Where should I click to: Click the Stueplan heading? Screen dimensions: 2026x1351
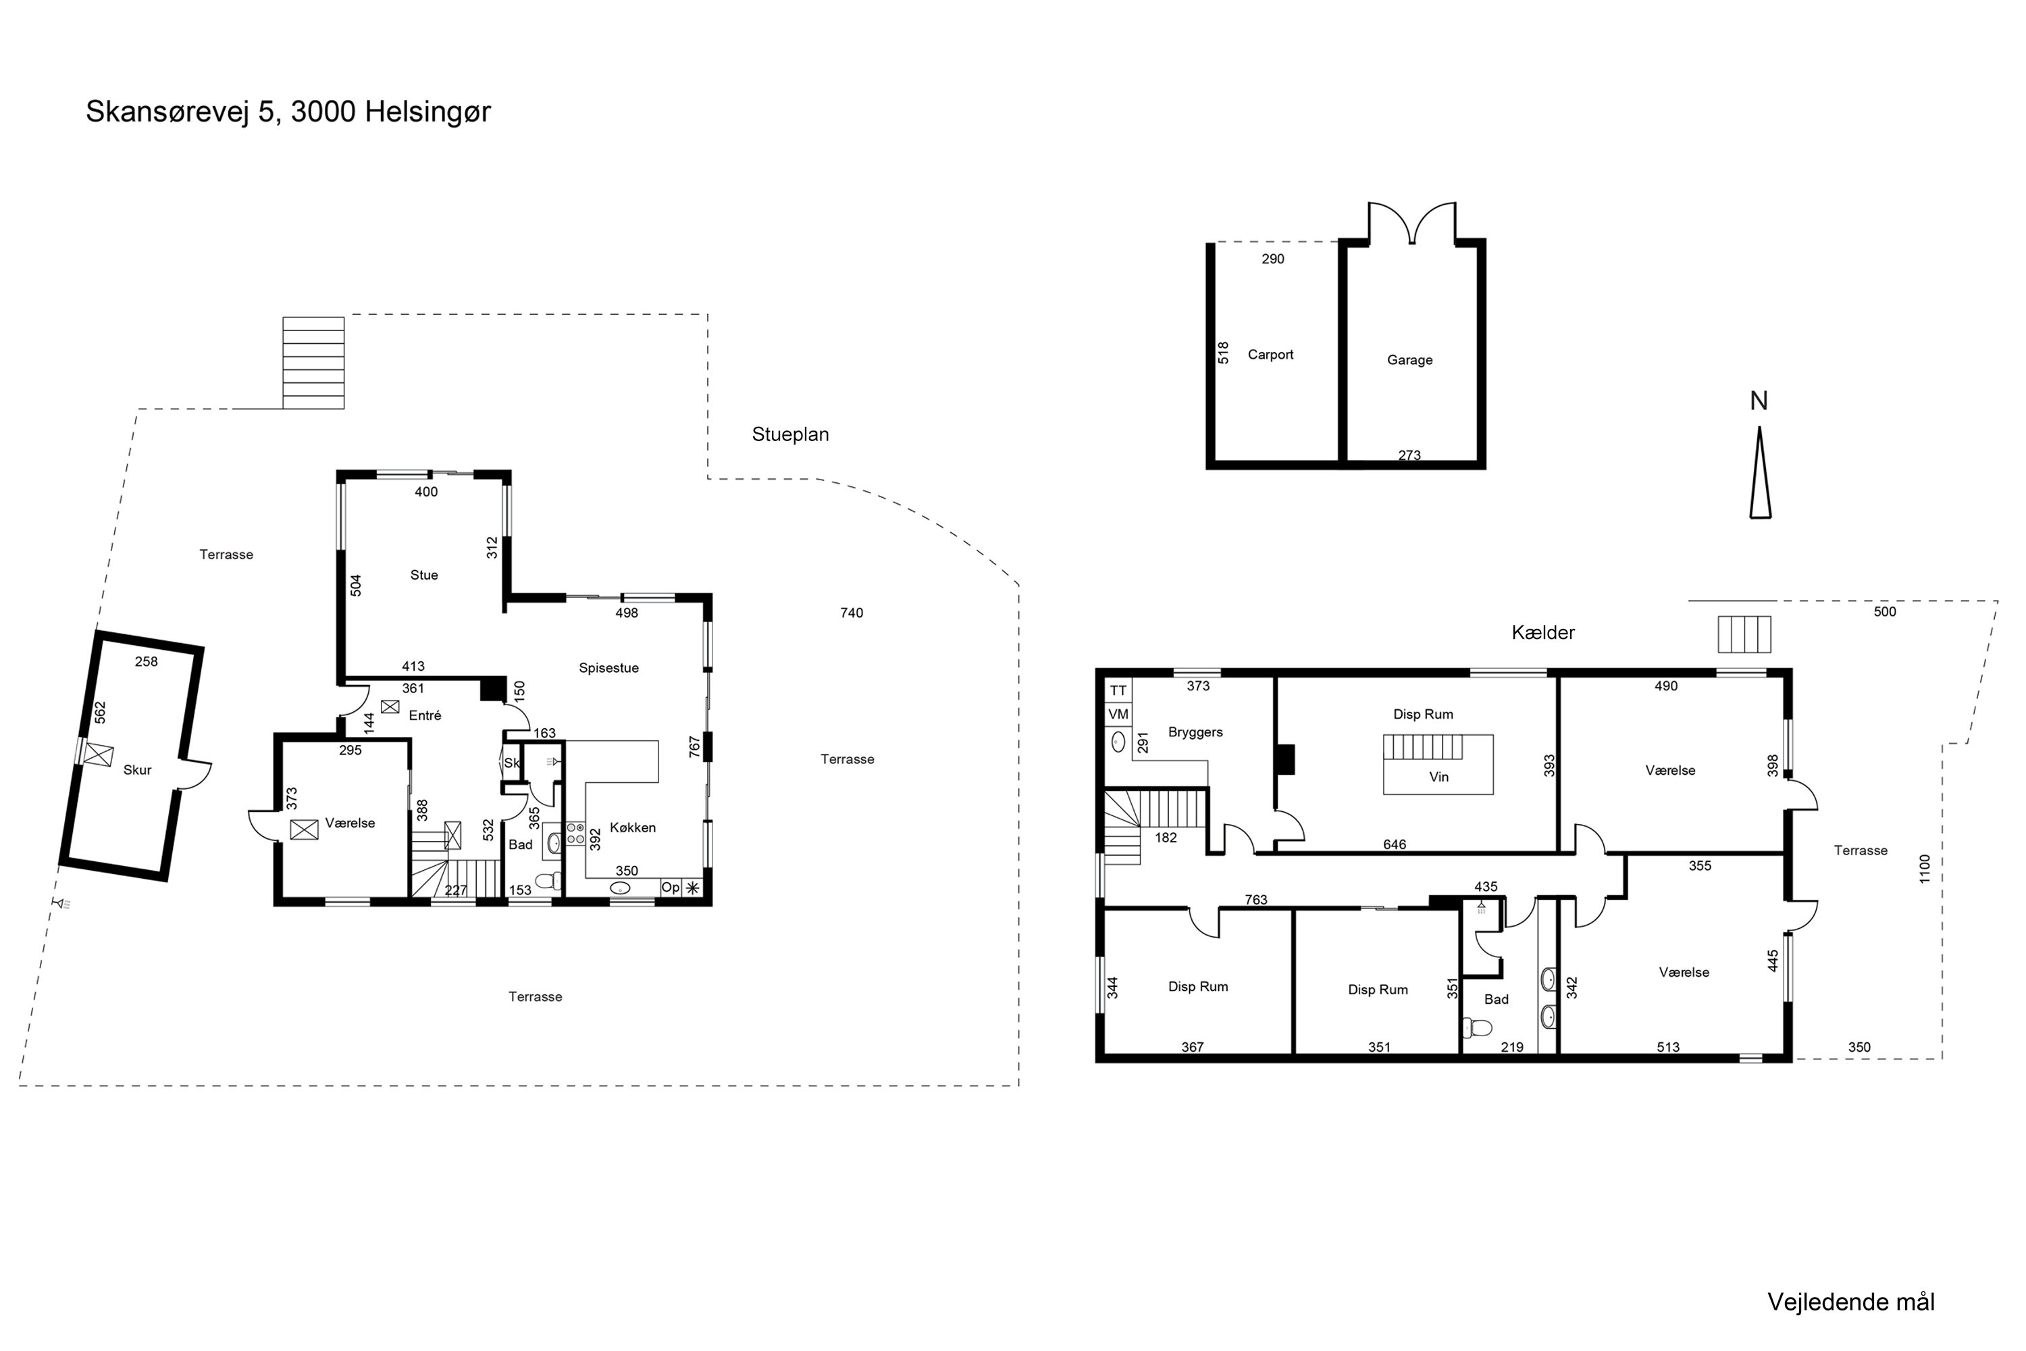pos(790,435)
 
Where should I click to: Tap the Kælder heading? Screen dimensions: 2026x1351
pos(1542,632)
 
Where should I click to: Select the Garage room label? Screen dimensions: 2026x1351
pos(1409,360)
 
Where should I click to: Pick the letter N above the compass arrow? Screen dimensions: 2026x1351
pos(1759,401)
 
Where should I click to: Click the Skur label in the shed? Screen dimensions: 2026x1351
pos(137,770)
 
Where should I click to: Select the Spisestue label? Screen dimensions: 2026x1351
pos(608,669)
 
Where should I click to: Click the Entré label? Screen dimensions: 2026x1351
pos(425,715)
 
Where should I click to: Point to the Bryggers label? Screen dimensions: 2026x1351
pos(1195,732)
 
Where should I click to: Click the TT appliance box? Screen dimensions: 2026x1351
pos(1118,691)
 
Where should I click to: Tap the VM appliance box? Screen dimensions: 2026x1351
pos(1118,714)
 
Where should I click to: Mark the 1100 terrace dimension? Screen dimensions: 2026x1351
pos(1925,869)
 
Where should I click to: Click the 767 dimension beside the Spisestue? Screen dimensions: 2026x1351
pos(694,747)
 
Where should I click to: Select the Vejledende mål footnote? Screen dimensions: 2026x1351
pos(1850,1302)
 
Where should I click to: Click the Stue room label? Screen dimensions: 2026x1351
pos(424,576)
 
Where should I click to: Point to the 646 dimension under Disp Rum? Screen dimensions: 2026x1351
pos(1395,844)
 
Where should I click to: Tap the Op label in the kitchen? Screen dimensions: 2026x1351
pos(670,888)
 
